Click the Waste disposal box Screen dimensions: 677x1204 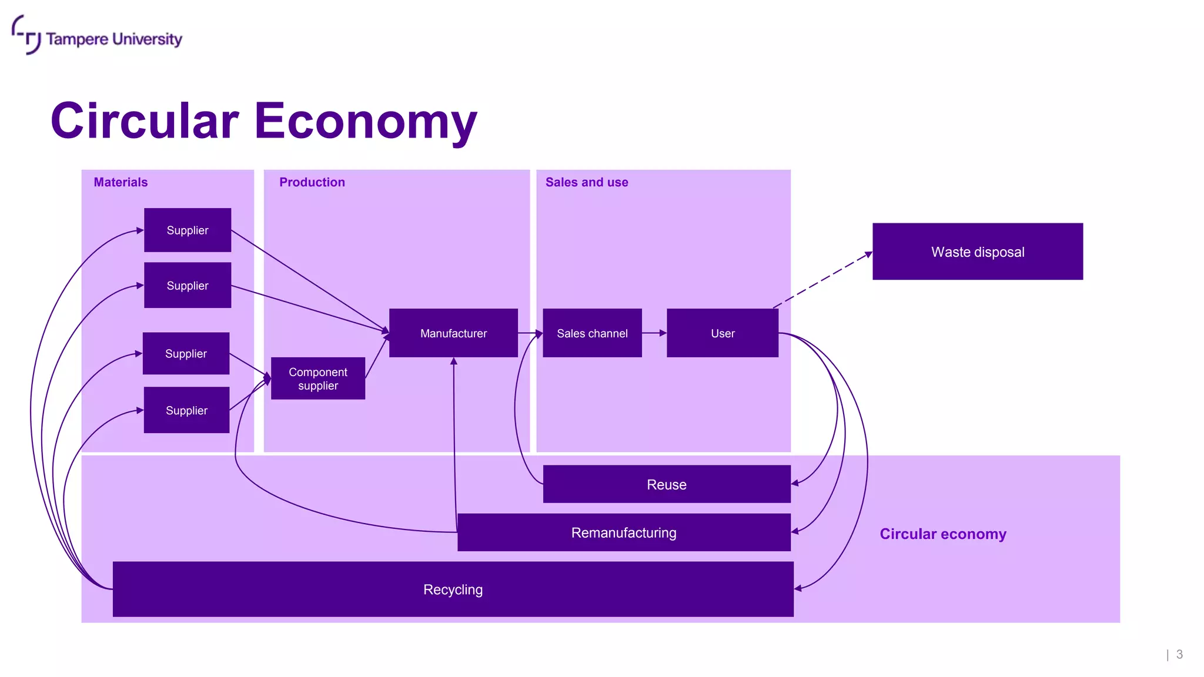[x=977, y=252]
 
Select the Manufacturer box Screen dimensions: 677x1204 [x=453, y=333]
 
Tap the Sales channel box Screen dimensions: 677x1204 [x=592, y=333]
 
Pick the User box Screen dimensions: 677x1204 [x=723, y=333]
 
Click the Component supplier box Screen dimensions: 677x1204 [x=318, y=378]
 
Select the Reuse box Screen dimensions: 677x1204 [x=667, y=484]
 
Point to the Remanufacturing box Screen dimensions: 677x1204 [x=624, y=532]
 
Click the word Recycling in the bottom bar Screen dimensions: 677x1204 [x=453, y=589]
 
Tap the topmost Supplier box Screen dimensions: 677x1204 [x=188, y=230]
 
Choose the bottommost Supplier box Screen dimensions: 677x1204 [x=186, y=410]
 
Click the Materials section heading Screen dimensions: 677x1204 [x=121, y=182]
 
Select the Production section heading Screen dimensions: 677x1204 [x=312, y=182]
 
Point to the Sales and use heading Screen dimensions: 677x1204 [x=587, y=182]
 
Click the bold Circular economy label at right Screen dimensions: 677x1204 [x=943, y=534]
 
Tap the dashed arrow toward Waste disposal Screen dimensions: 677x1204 [x=823, y=279]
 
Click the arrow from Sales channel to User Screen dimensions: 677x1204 [x=654, y=333]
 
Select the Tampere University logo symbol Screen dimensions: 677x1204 [x=26, y=35]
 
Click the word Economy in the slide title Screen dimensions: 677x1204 [x=365, y=122]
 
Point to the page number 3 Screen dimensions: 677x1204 [x=1179, y=654]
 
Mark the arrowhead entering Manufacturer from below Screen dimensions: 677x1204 [x=454, y=361]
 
